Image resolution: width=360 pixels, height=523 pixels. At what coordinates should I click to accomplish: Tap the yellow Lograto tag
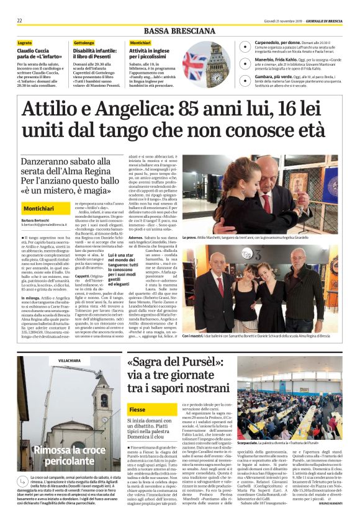point(25,42)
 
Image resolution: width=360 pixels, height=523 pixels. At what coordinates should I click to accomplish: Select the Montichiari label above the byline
point(43,208)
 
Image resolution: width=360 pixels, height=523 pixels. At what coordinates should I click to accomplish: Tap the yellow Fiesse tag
point(138,410)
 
